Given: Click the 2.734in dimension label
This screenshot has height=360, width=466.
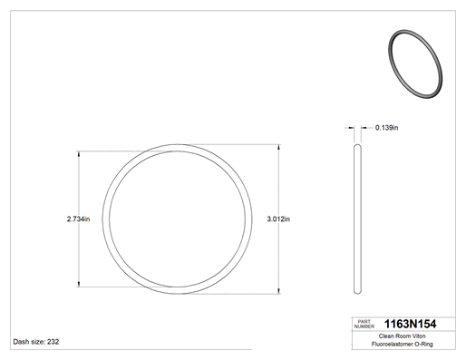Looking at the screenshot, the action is tap(78, 219).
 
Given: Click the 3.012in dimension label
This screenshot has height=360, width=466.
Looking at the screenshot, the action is tap(278, 219).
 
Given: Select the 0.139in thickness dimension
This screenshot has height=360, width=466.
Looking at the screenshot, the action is tap(386, 128).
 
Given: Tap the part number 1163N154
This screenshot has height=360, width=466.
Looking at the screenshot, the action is tap(410, 324).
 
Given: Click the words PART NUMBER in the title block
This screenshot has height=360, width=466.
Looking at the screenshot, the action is tap(364, 324).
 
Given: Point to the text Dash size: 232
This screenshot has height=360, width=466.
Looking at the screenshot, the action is tap(36, 342).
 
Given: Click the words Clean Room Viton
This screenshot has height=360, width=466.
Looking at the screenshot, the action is tap(402, 336).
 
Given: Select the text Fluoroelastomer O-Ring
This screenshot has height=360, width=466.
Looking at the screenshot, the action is tap(402, 344).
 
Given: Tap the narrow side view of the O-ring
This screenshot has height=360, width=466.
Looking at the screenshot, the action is tap(357, 219).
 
